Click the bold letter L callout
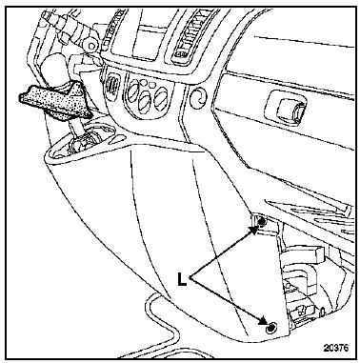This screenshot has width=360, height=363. pos(182,279)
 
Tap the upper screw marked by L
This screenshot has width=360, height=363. pos(261,222)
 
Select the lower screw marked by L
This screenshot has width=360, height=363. pos(271,328)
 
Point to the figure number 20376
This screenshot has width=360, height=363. pos(336,347)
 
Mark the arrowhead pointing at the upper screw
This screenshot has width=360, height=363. pos(254,231)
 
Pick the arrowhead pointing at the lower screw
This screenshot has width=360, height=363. pos(263,321)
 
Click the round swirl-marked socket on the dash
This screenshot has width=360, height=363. pos(199,97)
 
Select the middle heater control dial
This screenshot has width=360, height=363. pos(147,102)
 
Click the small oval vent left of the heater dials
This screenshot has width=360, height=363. pos(111,86)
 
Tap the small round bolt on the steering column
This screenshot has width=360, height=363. pos(91,47)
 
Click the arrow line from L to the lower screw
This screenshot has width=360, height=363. pos(227,300)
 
